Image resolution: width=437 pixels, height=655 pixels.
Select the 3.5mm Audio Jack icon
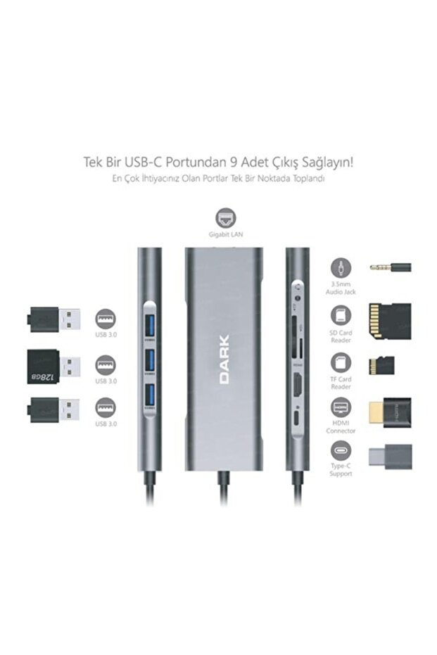tap(341, 267)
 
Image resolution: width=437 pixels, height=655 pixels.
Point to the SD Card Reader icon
tap(341, 315)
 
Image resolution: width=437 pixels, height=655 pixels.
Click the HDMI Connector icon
tap(341, 408)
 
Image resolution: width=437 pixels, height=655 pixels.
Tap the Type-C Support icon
tap(341, 451)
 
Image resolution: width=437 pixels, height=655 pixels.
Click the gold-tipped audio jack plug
tap(391, 267)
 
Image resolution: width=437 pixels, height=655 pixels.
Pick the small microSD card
tap(381, 365)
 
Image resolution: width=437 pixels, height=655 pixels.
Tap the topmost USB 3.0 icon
tap(105, 319)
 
